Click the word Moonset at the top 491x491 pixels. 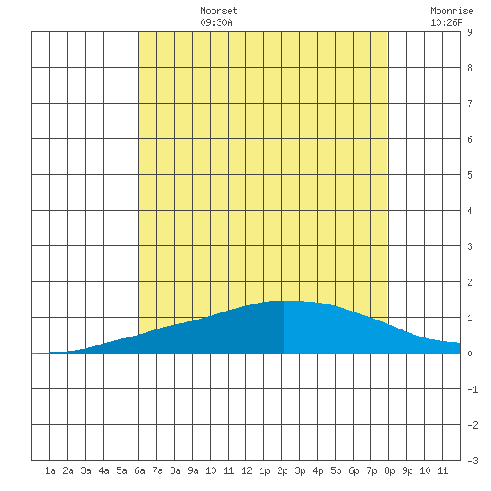tap(219, 11)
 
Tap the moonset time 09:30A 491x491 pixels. tap(216, 22)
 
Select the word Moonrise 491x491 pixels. tap(452, 11)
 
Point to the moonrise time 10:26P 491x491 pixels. tap(446, 22)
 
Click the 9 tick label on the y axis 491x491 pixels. tap(470, 32)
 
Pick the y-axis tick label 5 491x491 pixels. tap(470, 175)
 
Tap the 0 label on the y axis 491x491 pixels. tap(470, 354)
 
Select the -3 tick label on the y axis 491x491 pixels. tap(472, 461)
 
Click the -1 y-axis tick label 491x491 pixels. tap(472, 389)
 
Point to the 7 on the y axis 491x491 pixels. tap(470, 104)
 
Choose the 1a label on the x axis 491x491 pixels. tap(50, 470)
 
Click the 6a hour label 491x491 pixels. tap(139, 470)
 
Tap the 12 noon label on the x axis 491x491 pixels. tap(246, 470)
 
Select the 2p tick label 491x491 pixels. tap(282, 470)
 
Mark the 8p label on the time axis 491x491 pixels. tap(389, 470)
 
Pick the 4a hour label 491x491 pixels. tap(104, 470)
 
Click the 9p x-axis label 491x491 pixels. tap(407, 470)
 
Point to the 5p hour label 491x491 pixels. tap(336, 470)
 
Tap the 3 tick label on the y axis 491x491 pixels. tap(470, 246)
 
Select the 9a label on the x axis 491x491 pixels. tap(193, 470)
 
